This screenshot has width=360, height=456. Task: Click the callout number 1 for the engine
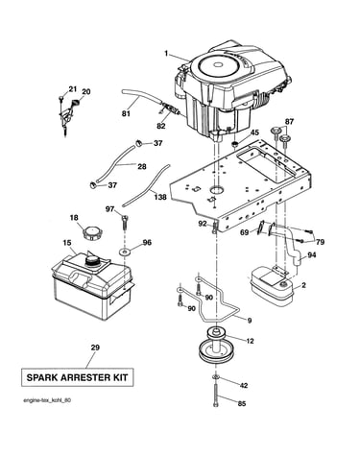click(166, 54)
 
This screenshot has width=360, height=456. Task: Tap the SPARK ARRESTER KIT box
click(77, 377)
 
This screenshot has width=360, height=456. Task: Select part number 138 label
click(160, 197)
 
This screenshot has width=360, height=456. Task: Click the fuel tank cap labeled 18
click(91, 232)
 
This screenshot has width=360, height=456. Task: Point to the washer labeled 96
click(125, 252)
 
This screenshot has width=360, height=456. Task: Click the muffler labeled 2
click(273, 286)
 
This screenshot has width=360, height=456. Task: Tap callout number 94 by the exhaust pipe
click(311, 255)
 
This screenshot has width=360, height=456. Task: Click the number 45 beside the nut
click(254, 132)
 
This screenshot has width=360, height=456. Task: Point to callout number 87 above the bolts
click(289, 122)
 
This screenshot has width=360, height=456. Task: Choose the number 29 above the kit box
click(95, 348)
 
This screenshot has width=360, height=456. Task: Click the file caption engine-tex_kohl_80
click(47, 400)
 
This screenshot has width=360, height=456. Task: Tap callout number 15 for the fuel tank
click(67, 243)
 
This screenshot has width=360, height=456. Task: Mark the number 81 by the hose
click(126, 113)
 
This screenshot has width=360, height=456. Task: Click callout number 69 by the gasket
click(245, 232)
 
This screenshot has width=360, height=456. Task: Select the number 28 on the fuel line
click(142, 166)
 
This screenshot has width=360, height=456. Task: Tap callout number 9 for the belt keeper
click(250, 320)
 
